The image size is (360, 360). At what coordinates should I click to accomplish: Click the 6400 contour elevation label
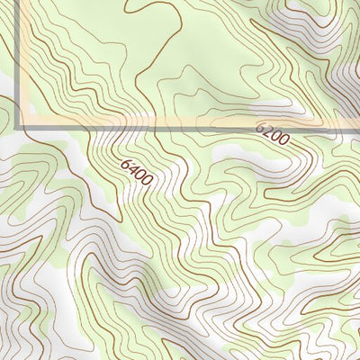click(x=136, y=172)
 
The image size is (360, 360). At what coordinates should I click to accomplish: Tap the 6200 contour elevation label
click(x=271, y=135)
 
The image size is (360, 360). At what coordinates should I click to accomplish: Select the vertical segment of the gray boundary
click(x=18, y=63)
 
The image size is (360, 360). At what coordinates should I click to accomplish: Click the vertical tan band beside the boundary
click(x=23, y=63)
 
